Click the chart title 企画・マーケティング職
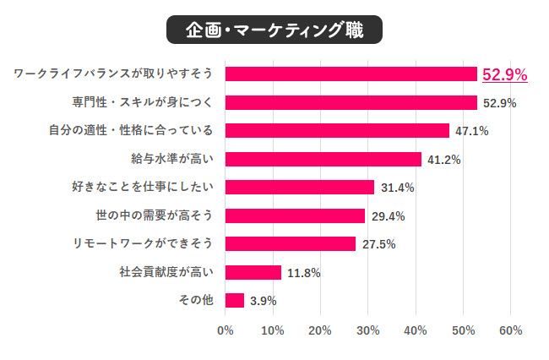274,31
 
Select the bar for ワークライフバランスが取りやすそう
351,74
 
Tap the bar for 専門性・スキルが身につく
351,103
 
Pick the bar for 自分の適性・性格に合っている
338,131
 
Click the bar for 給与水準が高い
323,159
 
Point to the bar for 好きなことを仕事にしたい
300,188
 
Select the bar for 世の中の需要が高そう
296,215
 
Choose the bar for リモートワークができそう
291,243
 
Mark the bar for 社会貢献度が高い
253,272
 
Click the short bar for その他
235,300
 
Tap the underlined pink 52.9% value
504,75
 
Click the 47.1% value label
471,131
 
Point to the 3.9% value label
263,300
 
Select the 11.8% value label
304,272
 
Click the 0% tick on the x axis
226,330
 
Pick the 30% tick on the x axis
367,330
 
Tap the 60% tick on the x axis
510,330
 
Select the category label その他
196,300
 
